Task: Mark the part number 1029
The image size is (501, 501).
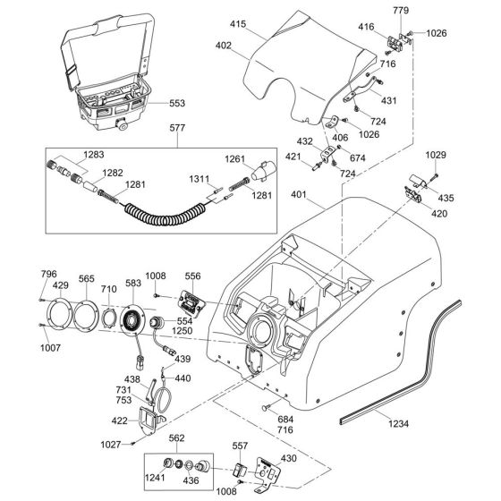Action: coord(434,157)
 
